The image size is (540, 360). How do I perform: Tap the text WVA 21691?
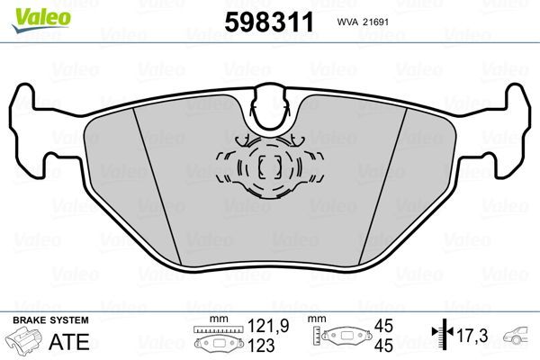[389, 22]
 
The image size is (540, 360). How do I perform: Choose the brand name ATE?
[62, 340]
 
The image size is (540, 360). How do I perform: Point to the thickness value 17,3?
[471, 335]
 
